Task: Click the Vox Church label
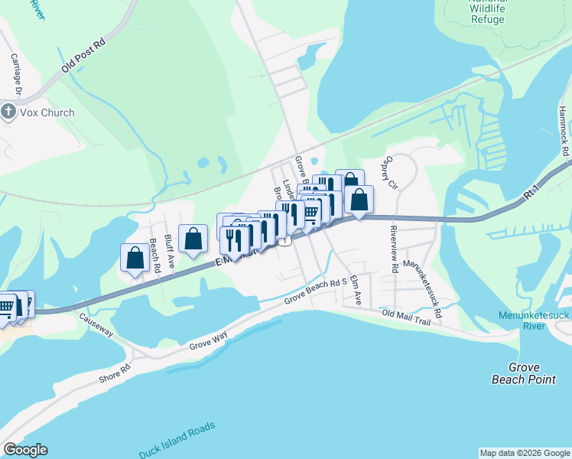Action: pos(47,112)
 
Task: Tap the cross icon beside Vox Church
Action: pos(8,112)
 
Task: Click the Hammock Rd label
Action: pos(564,129)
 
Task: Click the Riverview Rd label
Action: pos(394,249)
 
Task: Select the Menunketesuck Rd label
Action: pos(423,290)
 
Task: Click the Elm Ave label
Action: pos(354,291)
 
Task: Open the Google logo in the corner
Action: pos(25,450)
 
